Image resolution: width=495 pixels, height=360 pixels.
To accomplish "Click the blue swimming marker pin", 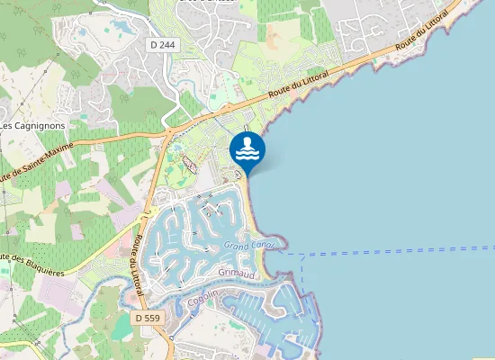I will [x=247, y=150].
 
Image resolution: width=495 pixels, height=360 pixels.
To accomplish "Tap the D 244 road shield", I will [x=163, y=43].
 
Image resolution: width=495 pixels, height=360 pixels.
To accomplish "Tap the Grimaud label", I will [x=237, y=272].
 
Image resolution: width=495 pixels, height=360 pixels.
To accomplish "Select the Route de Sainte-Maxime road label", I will [x=20, y=165].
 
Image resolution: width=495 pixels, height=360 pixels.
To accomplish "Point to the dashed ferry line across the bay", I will [x=396, y=251].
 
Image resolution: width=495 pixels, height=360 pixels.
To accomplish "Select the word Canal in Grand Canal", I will [x=268, y=244].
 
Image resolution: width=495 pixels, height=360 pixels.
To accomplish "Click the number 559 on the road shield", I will [x=153, y=318].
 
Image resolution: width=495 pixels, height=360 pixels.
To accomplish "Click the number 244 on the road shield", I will [x=167, y=43].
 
